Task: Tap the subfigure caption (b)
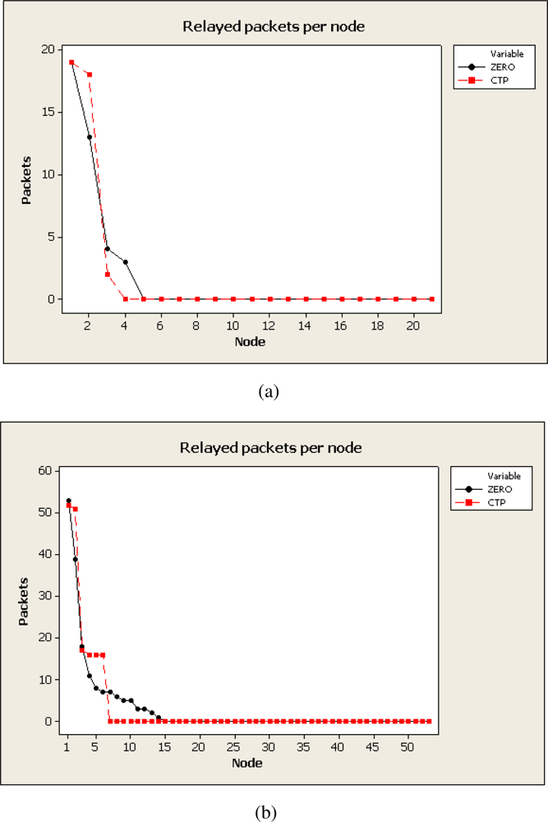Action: [x=269, y=813]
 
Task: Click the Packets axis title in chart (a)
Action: [x=25, y=174]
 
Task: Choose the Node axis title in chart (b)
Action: [x=247, y=762]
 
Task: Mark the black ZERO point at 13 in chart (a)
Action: [x=89, y=137]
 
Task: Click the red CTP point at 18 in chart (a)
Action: [x=89, y=74]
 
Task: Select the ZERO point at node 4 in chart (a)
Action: [x=125, y=262]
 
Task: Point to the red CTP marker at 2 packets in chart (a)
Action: [x=108, y=275]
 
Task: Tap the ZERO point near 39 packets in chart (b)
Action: [x=76, y=559]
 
